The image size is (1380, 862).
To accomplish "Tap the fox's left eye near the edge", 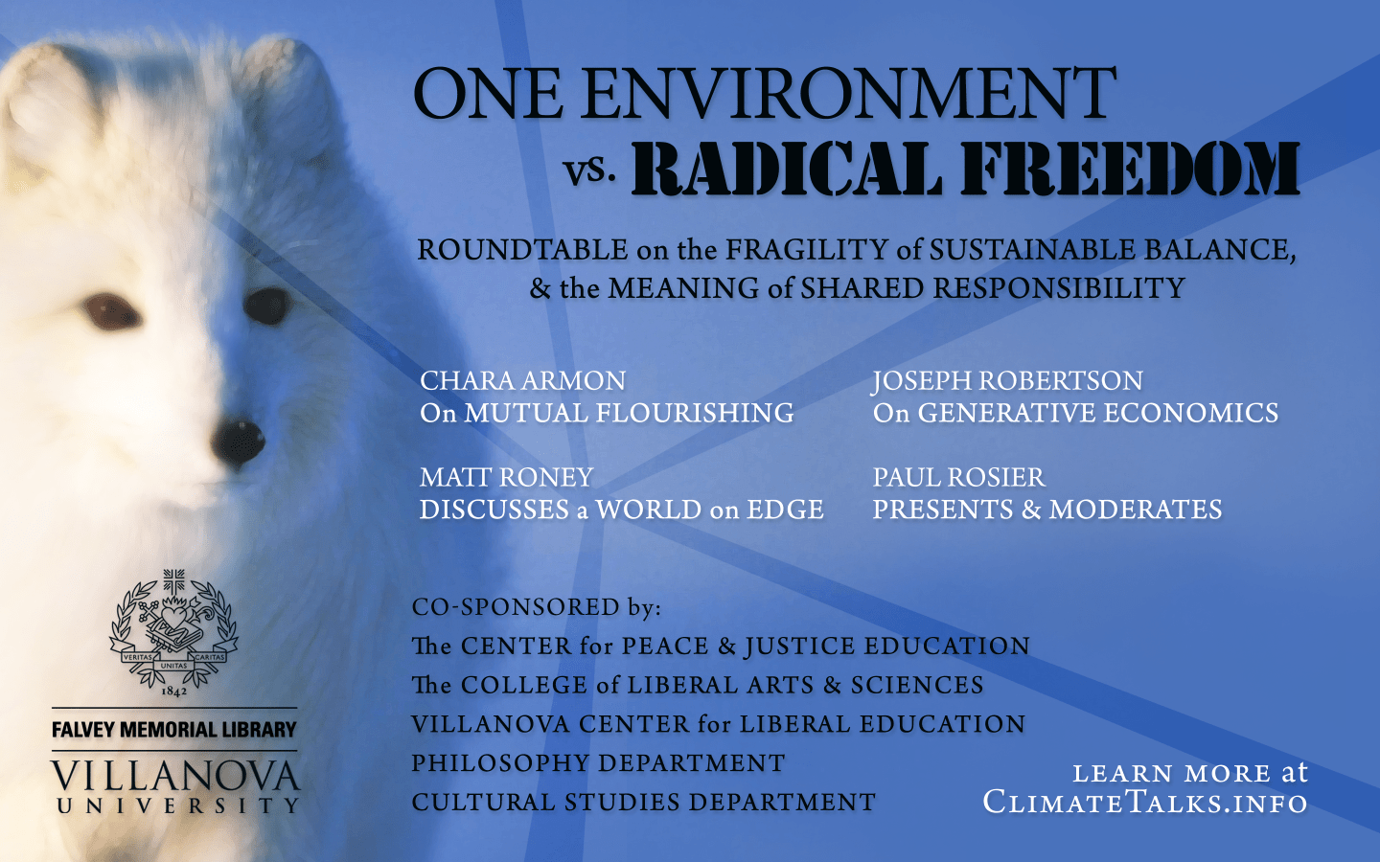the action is pyautogui.click(x=111, y=311).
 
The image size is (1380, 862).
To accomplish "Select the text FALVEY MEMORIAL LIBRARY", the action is pyautogui.click(x=174, y=730).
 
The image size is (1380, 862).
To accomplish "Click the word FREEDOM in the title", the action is pyautogui.click(x=1131, y=168).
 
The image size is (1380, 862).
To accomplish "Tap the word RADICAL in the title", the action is pyautogui.click(x=786, y=168).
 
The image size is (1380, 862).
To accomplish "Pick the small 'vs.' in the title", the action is pyautogui.click(x=589, y=170).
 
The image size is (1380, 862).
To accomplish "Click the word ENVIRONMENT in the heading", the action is pyautogui.click(x=848, y=93).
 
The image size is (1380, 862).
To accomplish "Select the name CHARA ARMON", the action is pyautogui.click(x=522, y=380).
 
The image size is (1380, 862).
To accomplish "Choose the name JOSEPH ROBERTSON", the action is pyautogui.click(x=1007, y=381).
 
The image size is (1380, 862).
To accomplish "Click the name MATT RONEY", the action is pyautogui.click(x=506, y=477).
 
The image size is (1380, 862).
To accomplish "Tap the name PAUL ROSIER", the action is pyautogui.click(x=958, y=477).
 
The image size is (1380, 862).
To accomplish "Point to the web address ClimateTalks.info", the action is pyautogui.click(x=1144, y=803).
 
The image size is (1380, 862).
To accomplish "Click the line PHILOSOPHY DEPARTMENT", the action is pyautogui.click(x=598, y=762).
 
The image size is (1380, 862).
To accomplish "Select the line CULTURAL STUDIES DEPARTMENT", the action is pyautogui.click(x=644, y=803).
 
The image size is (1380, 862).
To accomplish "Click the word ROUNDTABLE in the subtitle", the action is pyautogui.click(x=522, y=250).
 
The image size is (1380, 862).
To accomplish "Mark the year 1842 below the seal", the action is pyautogui.click(x=173, y=692).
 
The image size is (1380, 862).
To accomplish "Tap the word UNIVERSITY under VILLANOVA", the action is pyautogui.click(x=178, y=806).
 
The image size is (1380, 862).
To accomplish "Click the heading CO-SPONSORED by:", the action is pyautogui.click(x=536, y=607).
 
